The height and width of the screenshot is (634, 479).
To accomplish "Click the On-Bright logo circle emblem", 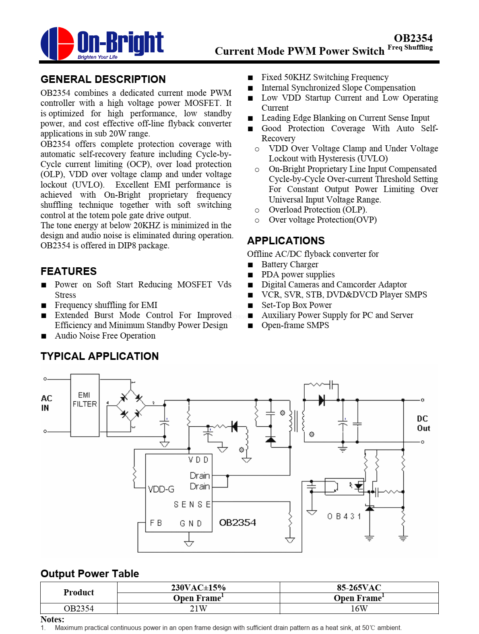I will pos(57,43).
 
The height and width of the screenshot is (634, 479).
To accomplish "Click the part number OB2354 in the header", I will pos(413,38).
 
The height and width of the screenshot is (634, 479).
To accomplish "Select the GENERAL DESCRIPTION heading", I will pos(103,79).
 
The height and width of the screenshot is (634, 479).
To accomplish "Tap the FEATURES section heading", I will pos(69,271).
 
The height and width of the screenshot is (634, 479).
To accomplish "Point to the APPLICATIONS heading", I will pos(286,241).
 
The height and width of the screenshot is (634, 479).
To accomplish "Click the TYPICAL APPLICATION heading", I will pos(100,356).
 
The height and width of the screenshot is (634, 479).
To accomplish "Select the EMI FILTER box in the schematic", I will pos(85,405).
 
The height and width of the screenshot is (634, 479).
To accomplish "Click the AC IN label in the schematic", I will pos(46,403).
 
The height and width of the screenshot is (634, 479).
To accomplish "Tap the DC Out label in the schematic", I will pos(423,423).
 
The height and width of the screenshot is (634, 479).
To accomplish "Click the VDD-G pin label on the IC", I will pos(161,489).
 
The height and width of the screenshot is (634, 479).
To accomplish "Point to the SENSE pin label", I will pos(192,504).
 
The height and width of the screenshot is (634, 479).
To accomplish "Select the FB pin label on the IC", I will pos(156,523).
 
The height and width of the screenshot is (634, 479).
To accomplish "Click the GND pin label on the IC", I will pos(190,523).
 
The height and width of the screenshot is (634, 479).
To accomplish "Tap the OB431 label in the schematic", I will pos(344,516).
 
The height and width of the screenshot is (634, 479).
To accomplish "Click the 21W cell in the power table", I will pos(198,608).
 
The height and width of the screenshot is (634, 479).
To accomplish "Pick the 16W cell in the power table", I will pos(359,608).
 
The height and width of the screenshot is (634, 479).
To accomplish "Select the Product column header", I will pos(78,593).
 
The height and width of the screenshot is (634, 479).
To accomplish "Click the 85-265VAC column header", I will pos(359,587).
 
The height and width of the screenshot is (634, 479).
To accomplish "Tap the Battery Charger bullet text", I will pos(290,264).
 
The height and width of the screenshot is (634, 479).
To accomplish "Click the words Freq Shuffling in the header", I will pos(410,47).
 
